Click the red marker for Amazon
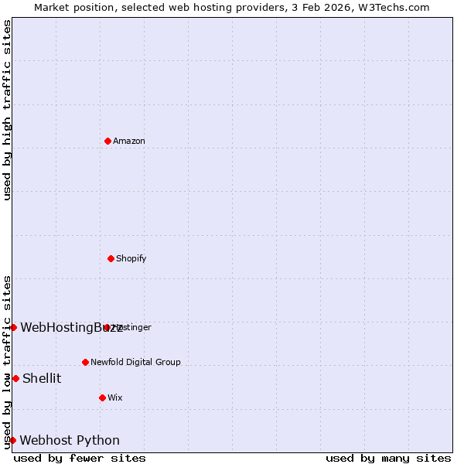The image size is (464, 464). pos(108,141)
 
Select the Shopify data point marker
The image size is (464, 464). pos(111,258)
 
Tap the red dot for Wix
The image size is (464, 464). pos(103,397)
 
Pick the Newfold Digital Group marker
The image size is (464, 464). pos(86,362)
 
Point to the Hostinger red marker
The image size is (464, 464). pos(107,327)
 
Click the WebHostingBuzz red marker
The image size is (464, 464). pos(13,327)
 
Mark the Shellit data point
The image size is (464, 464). pos(15,378)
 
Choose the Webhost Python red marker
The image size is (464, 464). pos(12,440)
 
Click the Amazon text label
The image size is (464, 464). pos(129,141)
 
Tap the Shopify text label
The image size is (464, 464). pos(131,258)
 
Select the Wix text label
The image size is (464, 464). pos(115,397)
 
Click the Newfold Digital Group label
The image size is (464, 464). pos(135,362)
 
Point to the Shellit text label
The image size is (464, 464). pos(42,378)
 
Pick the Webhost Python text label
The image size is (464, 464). pos(70,441)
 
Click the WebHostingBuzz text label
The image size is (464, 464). pos(71,327)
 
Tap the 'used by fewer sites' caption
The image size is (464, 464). pos(80,458)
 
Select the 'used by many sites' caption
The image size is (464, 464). pos(388,458)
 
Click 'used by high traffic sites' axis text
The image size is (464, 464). pos(7,111)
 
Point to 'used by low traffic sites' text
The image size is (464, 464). pos(7,362)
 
